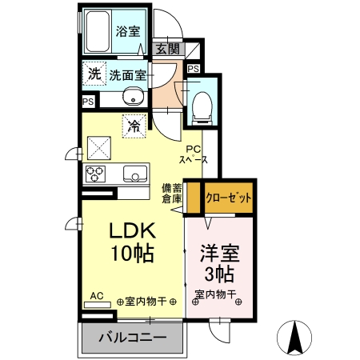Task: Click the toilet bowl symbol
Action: coord(202,102)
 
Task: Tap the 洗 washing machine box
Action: coord(94,74)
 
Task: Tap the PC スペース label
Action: coord(194,154)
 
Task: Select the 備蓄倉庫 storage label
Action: coord(170,193)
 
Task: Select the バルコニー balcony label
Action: coord(132,338)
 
